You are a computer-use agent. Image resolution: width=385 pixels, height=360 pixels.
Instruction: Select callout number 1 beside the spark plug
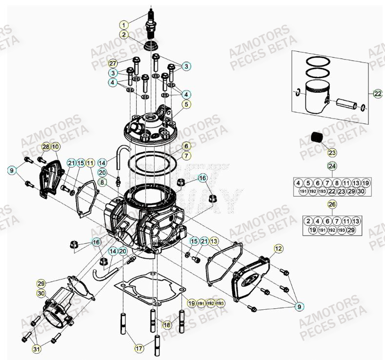coord(124,24)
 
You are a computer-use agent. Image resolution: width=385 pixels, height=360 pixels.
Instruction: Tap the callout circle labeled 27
coord(113,63)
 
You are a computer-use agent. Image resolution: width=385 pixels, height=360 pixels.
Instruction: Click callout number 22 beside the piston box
coord(377,94)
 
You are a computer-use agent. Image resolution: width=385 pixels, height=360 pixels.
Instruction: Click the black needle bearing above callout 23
coord(318,137)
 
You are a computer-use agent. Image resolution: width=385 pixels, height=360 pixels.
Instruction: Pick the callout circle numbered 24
coord(332,166)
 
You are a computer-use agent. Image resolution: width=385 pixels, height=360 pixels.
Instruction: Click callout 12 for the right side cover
coord(278,249)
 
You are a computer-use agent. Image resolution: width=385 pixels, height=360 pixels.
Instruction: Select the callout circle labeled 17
coord(139,348)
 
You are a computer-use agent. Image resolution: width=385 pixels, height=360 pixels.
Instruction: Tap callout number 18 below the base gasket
coord(167,325)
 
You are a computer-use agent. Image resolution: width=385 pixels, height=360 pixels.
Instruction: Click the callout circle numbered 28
coord(45,146)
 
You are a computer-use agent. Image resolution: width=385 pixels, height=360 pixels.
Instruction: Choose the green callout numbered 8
coord(102,181)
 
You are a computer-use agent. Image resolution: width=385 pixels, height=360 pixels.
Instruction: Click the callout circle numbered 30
coord(41,293)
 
